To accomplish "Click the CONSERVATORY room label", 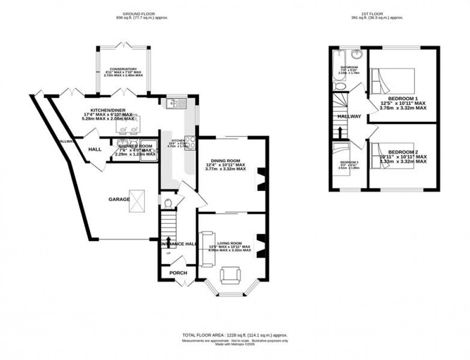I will point(123,69).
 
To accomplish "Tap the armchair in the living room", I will point(230,277).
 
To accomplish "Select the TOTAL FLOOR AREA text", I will point(235,335).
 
